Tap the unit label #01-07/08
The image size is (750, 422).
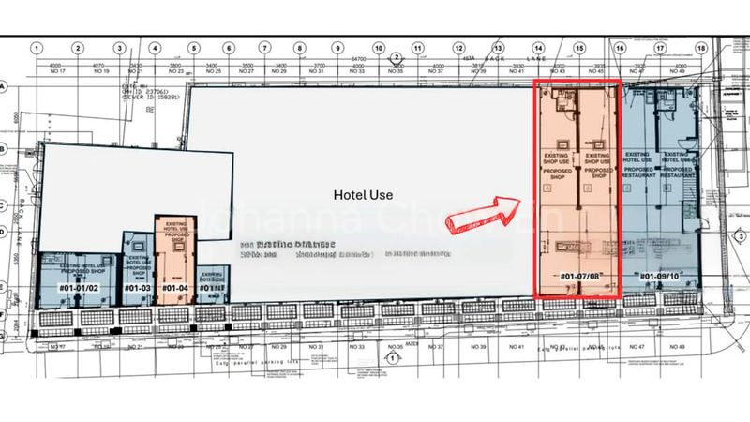pyautogui.click(x=579, y=277)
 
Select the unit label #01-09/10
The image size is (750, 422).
pyautogui.click(x=660, y=277)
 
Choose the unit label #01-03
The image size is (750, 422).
pyautogui.click(x=137, y=287)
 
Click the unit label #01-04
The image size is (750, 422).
pyautogui.click(x=175, y=287)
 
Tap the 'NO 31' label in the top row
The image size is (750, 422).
pyautogui.click(x=320, y=72)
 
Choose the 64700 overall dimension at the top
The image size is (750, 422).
pyautogui.click(x=359, y=58)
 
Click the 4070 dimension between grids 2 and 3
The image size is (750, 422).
pyautogui.click(x=99, y=65)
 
